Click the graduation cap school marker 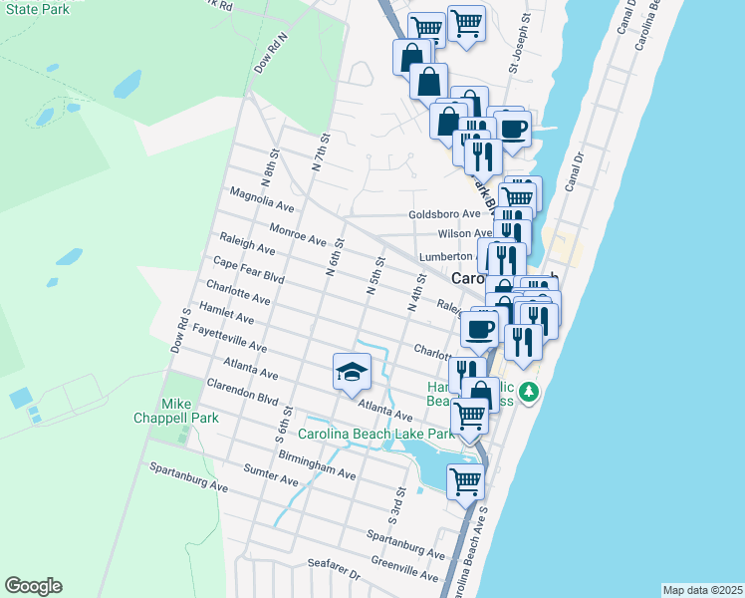[x=350, y=373]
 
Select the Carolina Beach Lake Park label [x=375, y=434]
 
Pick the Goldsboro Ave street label [x=444, y=214]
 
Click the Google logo [x=33, y=586]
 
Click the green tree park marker [x=532, y=392]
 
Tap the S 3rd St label [x=397, y=507]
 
